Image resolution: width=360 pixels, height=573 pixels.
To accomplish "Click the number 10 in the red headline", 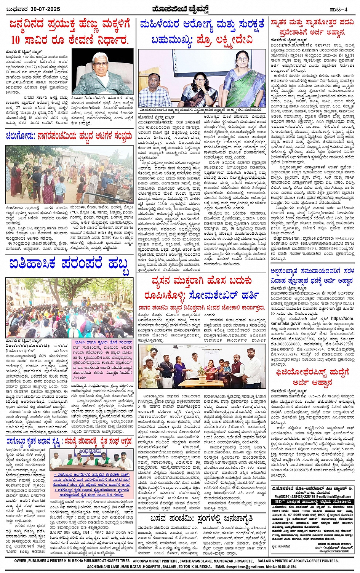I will (16, 40).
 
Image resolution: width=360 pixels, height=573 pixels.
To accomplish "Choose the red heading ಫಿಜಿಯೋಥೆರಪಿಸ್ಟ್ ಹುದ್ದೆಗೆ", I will (312, 372).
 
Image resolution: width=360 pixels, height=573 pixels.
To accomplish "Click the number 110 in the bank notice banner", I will (279, 502).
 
